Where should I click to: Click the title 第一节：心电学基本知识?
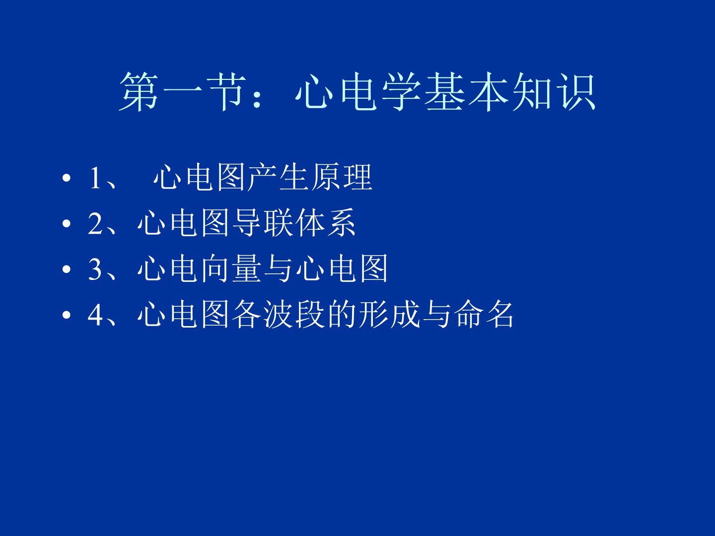point(357,91)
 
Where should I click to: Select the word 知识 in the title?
point(554,91)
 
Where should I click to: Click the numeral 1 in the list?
point(95,178)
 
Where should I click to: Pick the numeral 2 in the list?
point(95,223)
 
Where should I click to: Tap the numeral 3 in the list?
point(95,269)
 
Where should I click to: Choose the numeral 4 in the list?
point(95,315)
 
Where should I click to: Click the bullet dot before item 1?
point(67,178)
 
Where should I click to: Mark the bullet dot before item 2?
point(67,223)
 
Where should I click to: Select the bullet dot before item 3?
point(67,269)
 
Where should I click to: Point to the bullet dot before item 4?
point(67,315)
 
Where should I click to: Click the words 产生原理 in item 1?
point(309,177)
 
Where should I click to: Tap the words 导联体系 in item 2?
point(294,223)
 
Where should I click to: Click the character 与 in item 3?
point(277,269)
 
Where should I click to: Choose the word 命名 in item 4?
point(484,314)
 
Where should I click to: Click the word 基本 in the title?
point(466,91)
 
